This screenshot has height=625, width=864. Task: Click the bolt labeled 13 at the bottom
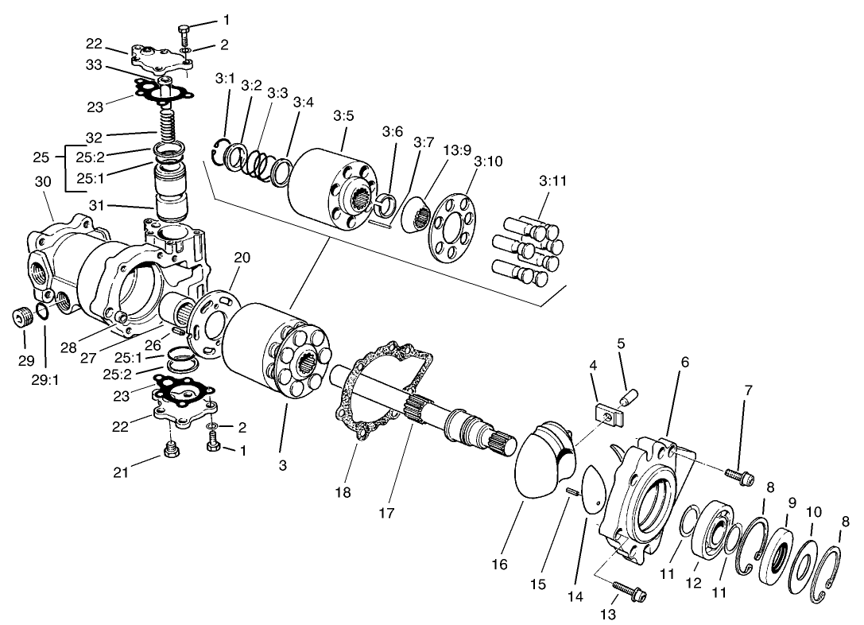630,592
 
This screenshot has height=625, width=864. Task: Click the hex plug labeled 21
169,451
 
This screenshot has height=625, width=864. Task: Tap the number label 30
42,181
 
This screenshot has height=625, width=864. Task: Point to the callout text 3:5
343,116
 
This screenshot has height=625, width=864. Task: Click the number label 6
685,362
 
